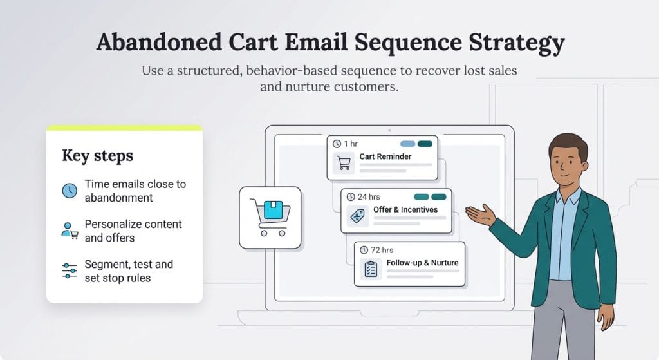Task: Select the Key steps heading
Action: (97, 156)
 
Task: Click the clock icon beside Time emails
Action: (70, 191)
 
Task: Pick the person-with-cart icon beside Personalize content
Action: (70, 231)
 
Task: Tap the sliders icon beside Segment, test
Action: (70, 271)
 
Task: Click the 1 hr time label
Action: (351, 143)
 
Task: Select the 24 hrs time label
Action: (367, 196)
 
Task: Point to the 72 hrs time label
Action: (382, 250)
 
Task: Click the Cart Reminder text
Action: (385, 156)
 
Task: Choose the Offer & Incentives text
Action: (405, 210)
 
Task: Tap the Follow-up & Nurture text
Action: (422, 263)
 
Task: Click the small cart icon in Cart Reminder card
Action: (344, 163)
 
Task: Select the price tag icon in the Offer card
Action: (357, 216)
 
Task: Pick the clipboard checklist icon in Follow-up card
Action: (371, 269)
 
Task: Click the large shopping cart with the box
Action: (270, 217)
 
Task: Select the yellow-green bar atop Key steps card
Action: (124, 128)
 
